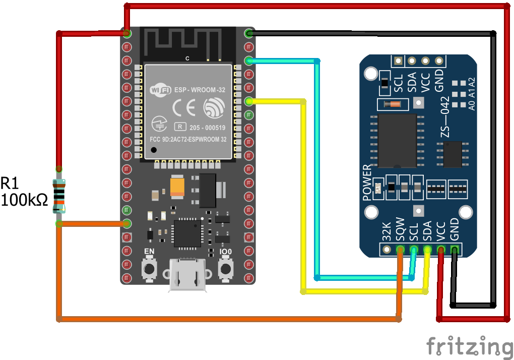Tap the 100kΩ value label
point(24,200)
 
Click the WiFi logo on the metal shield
point(161,90)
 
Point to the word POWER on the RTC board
point(367,183)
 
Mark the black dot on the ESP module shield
point(153,150)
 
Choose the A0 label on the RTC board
point(472,105)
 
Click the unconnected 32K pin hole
point(387,249)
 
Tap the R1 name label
point(11,183)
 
